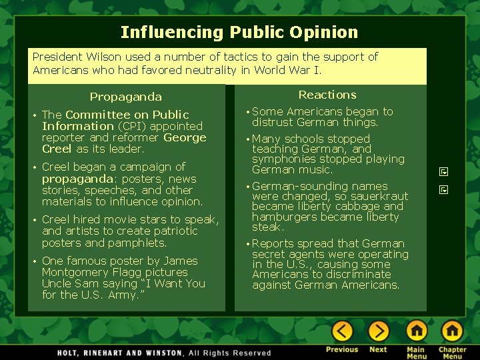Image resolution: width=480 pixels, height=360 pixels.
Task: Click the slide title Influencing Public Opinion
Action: (239, 32)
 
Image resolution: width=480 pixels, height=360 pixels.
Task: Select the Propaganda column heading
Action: (125, 97)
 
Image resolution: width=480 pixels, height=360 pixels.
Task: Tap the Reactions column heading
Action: (327, 95)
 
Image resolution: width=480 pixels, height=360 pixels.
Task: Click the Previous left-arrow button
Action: (342, 331)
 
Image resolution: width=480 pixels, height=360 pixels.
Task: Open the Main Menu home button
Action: (416, 331)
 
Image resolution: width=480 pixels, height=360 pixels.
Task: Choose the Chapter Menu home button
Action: (452, 331)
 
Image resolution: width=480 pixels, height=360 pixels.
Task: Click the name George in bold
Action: (185, 137)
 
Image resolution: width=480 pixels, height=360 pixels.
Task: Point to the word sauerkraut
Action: (380, 197)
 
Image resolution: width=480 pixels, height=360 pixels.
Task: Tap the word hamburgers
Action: (284, 217)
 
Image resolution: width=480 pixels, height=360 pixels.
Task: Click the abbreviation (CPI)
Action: (131, 126)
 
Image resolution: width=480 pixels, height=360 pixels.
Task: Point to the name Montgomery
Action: (72, 272)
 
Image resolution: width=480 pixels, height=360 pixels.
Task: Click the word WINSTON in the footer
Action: (160, 352)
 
